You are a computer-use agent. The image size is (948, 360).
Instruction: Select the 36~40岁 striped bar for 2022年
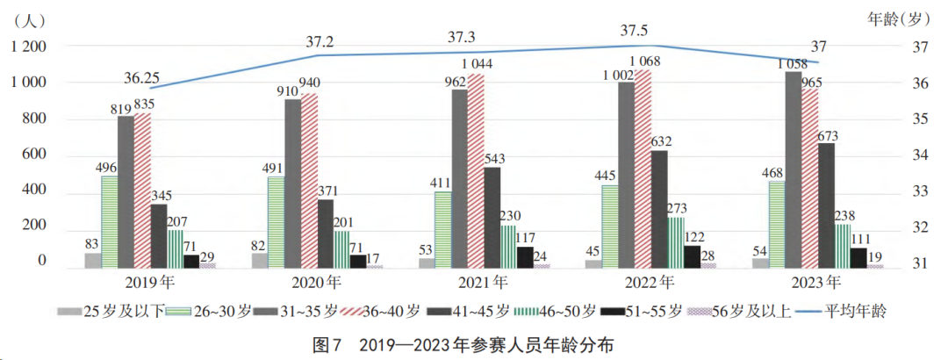click(x=643, y=168)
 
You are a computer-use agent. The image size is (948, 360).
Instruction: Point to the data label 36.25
click(x=141, y=77)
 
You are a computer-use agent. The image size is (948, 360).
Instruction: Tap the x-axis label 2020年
click(x=317, y=283)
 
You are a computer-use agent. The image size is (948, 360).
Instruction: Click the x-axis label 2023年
click(x=817, y=283)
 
